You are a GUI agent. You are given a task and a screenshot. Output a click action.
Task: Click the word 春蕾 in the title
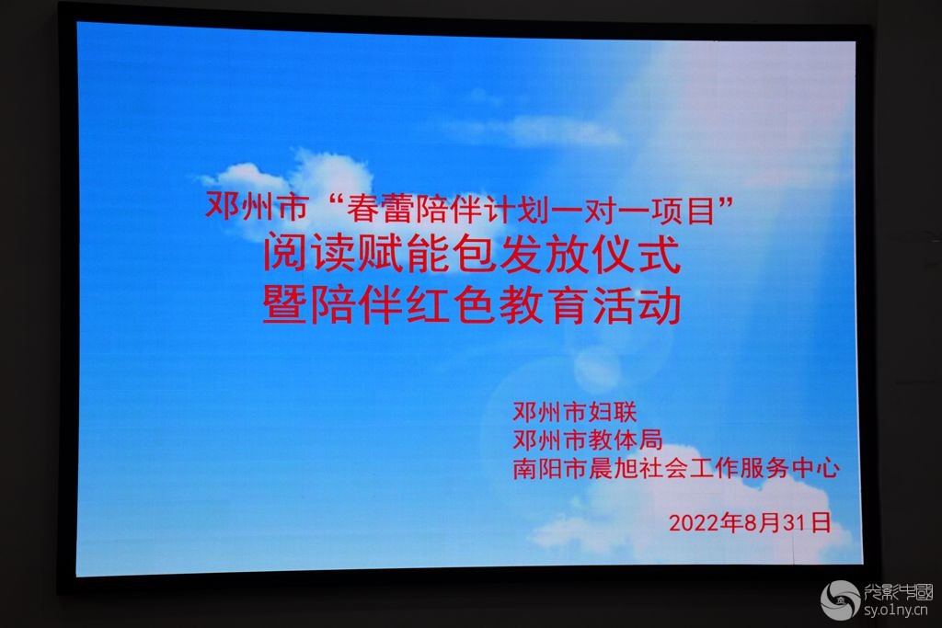(378, 209)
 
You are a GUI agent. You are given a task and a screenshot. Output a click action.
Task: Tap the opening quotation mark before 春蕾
(339, 200)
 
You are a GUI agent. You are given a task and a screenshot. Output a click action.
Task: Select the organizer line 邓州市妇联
(574, 412)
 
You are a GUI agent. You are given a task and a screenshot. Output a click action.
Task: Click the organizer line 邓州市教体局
(587, 440)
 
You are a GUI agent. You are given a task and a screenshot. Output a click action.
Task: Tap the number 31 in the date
(794, 523)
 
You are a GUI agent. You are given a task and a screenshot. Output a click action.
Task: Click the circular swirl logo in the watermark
(840, 600)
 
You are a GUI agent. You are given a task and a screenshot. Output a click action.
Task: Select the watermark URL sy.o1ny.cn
(895, 611)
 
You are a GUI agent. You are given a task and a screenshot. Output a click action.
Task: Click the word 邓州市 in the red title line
(256, 207)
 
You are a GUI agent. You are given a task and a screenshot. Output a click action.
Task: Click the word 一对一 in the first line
(609, 211)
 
